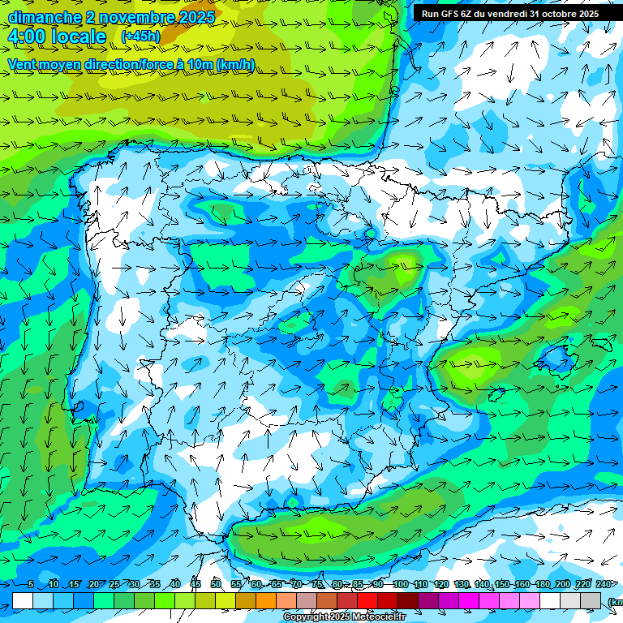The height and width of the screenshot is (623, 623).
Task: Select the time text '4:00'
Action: point(27,37)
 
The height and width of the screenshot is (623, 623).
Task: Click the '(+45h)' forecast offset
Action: point(140,37)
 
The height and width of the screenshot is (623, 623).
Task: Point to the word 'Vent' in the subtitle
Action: point(24,64)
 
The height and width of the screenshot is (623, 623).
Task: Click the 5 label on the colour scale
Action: point(31,584)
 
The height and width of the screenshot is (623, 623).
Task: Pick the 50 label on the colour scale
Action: point(215,584)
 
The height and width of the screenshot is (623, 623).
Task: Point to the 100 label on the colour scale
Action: point(400,584)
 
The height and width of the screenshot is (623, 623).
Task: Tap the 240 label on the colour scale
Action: point(604,584)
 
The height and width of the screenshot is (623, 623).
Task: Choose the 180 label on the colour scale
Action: point(542,584)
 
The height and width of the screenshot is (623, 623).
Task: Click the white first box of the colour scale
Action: point(23,600)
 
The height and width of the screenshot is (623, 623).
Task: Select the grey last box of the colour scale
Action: point(591,600)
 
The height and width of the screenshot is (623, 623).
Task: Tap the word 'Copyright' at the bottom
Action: point(306,617)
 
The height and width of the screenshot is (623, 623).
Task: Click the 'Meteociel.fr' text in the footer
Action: point(377,617)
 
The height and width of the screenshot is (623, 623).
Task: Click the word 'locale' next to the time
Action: point(78,37)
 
